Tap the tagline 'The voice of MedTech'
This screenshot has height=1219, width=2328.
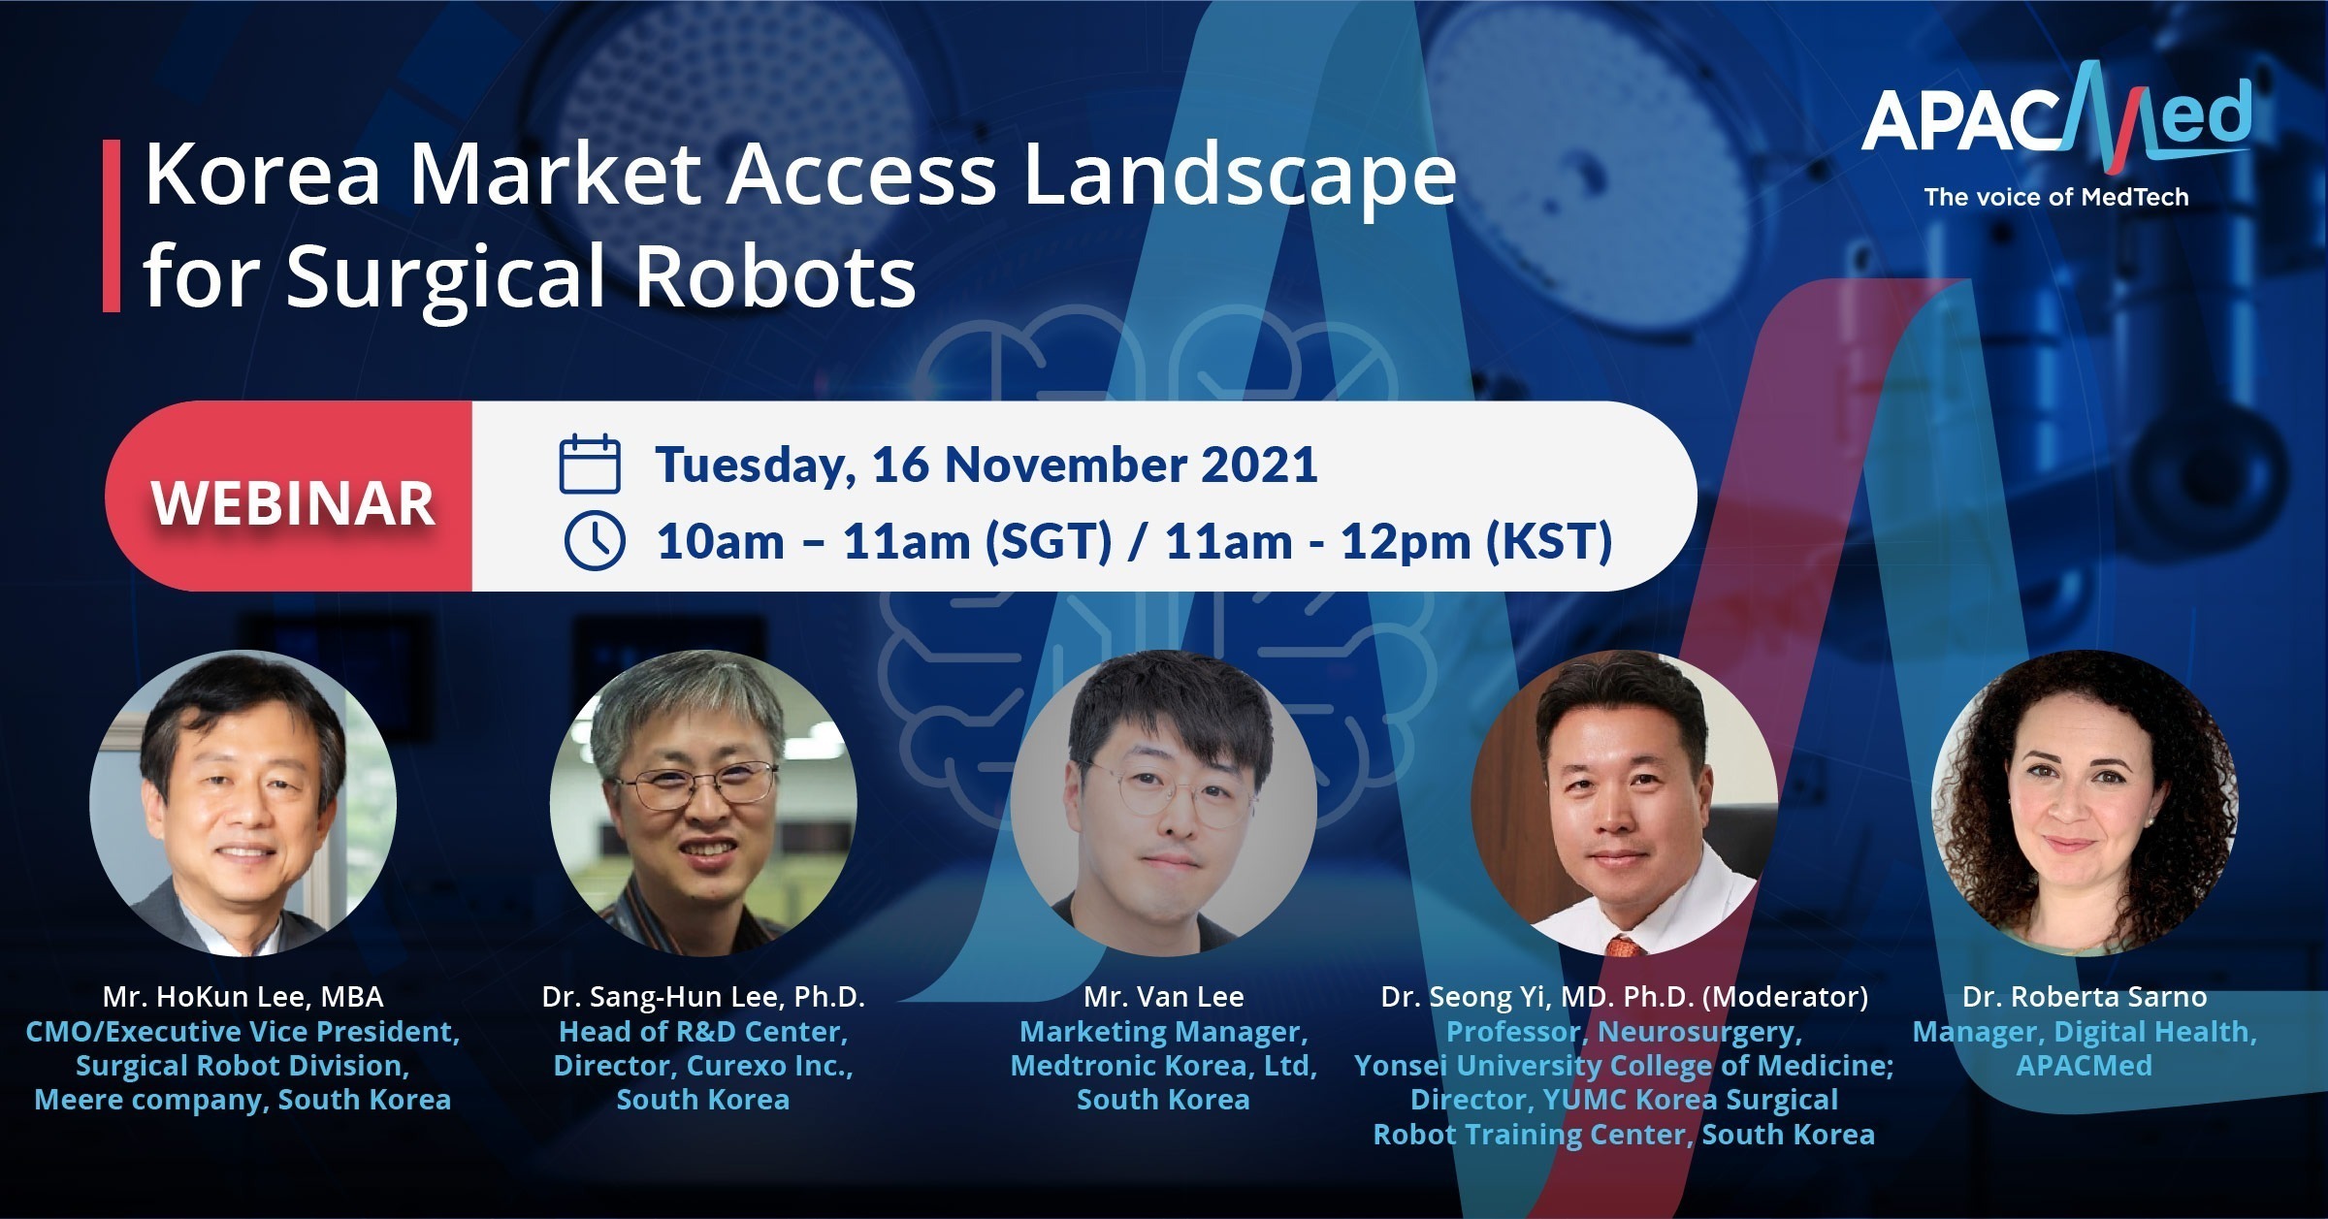tap(2056, 197)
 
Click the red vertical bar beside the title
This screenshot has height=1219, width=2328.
tap(111, 226)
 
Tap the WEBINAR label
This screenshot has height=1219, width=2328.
tap(293, 503)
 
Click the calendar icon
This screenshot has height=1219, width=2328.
tap(590, 465)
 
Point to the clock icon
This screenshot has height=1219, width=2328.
tap(595, 539)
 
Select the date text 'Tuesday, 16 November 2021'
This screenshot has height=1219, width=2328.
tap(986, 465)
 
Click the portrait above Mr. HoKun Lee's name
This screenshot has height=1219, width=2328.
tap(242, 803)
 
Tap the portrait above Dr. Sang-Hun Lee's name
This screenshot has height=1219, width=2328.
tap(703, 803)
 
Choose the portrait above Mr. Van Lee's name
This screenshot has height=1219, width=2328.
tap(1164, 803)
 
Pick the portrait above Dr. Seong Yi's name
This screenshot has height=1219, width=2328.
tap(1625, 803)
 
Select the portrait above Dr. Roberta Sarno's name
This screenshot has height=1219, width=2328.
tap(2085, 803)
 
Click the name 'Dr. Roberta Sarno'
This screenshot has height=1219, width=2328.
tap(2085, 997)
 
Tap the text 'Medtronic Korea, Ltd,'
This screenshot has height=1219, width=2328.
tap(1164, 1066)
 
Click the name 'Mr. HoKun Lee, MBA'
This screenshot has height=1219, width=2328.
tap(243, 997)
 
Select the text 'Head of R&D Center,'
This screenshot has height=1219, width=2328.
tap(704, 1032)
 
